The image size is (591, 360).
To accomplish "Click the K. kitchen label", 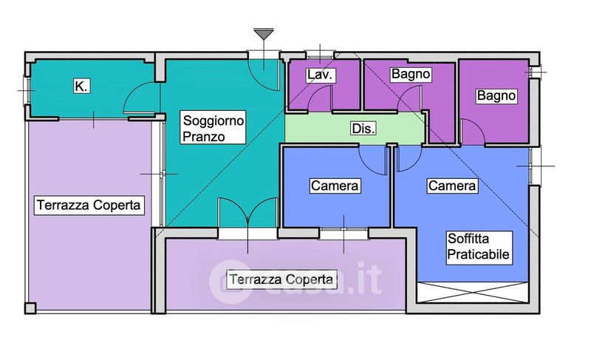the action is (81, 86).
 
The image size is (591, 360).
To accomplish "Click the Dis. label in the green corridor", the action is (363, 129).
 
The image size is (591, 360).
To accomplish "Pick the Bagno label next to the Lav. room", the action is (411, 75).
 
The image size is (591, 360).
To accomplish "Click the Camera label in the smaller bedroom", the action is (335, 186).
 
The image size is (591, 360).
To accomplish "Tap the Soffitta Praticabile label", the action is (478, 245).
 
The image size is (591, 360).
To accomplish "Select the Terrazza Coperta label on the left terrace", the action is (88, 205).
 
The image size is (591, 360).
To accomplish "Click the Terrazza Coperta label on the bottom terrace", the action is (281, 279).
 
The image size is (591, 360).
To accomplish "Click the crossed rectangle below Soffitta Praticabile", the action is (474, 291).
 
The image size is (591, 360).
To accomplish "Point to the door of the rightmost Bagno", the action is (474, 132).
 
